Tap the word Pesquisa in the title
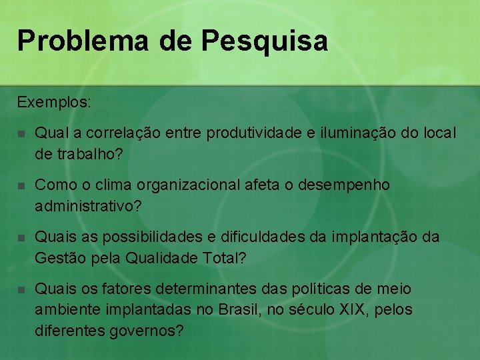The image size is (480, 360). tap(264, 41)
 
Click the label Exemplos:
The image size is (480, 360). tap(55, 103)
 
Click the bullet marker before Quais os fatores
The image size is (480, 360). tap(22, 290)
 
